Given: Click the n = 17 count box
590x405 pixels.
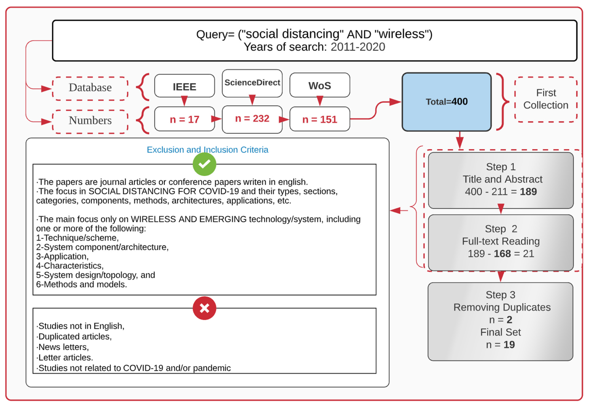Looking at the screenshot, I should [x=184, y=119].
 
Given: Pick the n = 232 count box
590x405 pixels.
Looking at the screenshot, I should [x=252, y=119].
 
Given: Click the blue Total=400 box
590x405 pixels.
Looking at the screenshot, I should [x=446, y=102].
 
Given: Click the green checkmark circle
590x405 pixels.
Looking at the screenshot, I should [x=204, y=164].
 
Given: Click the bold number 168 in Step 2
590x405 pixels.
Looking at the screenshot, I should [x=502, y=254].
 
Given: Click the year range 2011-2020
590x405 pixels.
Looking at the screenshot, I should [x=358, y=47].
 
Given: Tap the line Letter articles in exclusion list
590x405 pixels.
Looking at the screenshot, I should [x=65, y=357].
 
